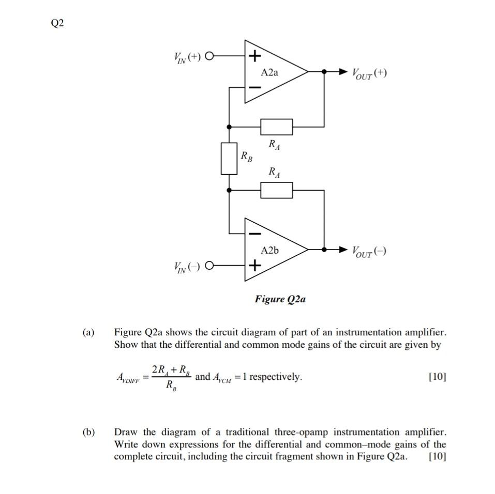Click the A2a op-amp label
[x=269, y=72]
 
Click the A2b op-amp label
[x=269, y=251]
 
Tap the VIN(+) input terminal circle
[x=209, y=56]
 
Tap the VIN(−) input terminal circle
[x=209, y=267]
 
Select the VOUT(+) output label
[x=369, y=73]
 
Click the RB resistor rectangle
[x=229, y=158]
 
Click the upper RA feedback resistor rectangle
[x=276, y=126]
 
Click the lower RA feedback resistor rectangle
[x=276, y=190]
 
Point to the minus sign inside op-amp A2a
[x=254, y=88]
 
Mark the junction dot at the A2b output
[x=324, y=250]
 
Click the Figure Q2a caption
[x=279, y=299]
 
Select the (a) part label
[x=88, y=332]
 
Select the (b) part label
[x=88, y=432]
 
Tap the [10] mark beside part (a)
[x=437, y=377]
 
